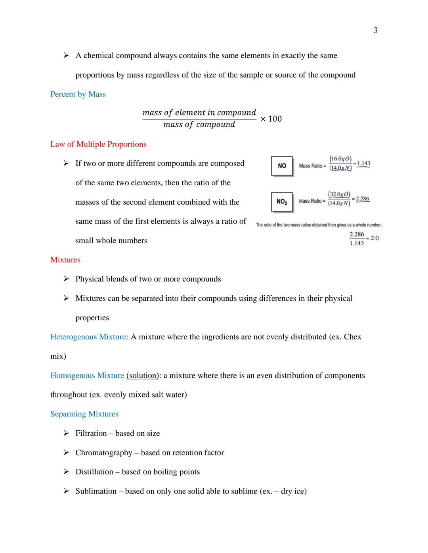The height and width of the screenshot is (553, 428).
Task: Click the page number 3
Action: (375, 30)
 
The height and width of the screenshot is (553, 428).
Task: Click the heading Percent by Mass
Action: (78, 94)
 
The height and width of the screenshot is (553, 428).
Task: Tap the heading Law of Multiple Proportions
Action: (98, 144)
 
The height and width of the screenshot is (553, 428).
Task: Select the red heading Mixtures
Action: (65, 260)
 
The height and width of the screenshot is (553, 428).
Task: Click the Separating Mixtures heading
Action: (84, 414)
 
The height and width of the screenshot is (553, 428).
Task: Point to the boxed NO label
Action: (282, 166)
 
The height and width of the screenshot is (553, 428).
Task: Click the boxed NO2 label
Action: (282, 202)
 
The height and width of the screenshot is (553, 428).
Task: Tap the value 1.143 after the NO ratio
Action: (363, 163)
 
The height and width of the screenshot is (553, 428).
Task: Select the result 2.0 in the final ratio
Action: (374, 238)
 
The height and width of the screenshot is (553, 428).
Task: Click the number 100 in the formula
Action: (275, 119)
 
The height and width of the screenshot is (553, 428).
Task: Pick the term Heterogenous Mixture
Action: (88, 337)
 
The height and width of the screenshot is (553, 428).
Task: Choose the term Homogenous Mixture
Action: (87, 376)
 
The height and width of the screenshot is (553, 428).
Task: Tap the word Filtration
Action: (91, 433)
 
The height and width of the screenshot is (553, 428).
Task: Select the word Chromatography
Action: (104, 453)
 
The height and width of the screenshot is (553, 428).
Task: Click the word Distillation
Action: (94, 472)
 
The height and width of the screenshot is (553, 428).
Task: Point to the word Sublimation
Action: (96, 491)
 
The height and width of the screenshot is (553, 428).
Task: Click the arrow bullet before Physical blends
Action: (66, 279)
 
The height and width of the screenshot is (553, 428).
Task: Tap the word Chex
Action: (352, 337)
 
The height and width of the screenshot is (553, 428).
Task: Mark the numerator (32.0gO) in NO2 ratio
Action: (339, 194)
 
